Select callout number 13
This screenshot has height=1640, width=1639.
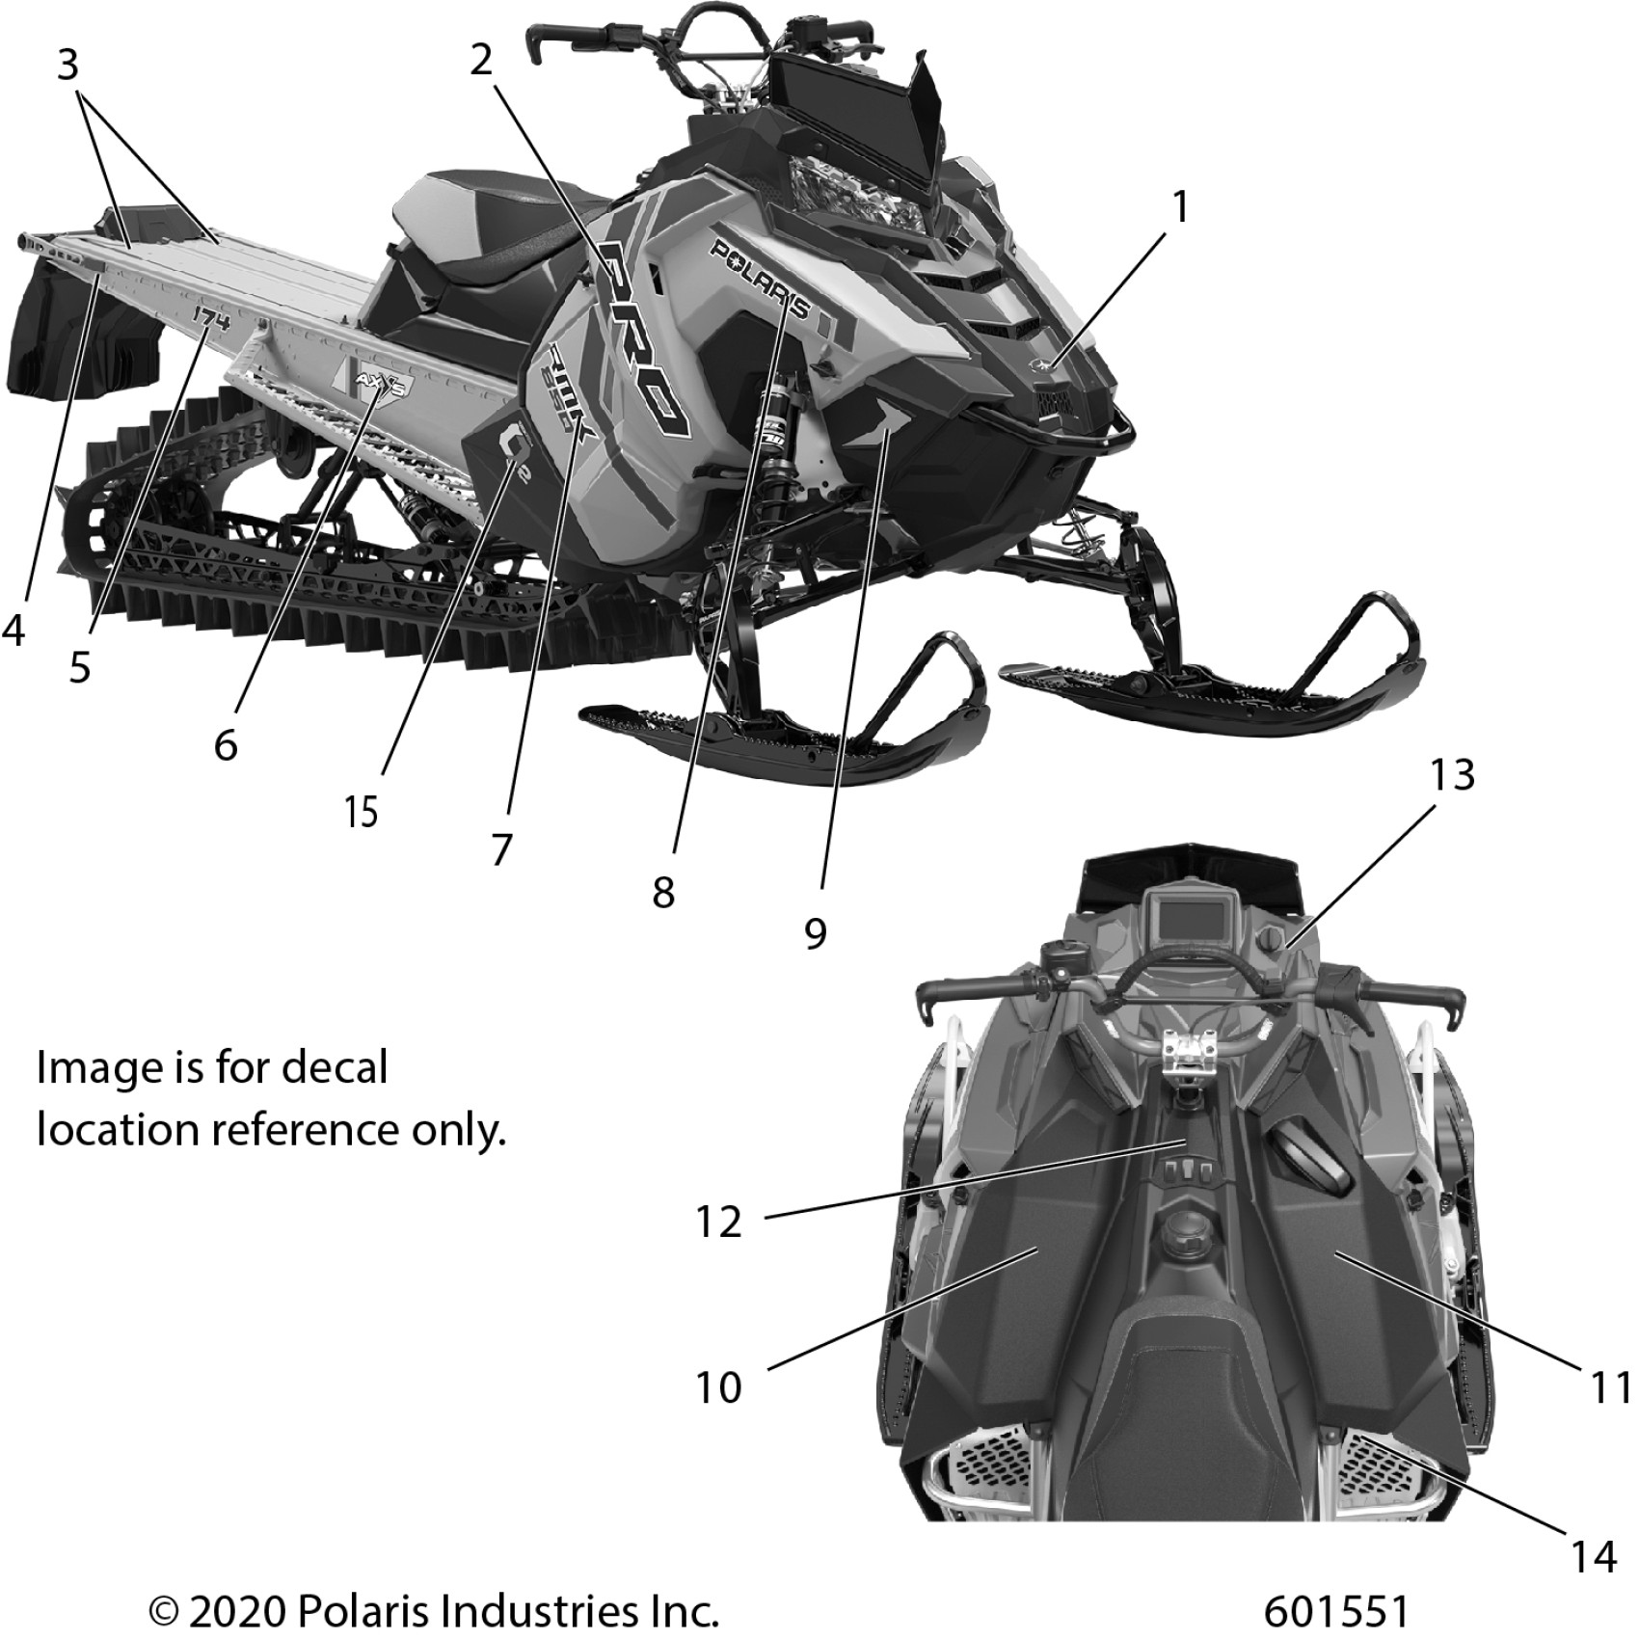1452,774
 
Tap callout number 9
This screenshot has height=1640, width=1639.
816,932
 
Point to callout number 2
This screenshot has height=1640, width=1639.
481,60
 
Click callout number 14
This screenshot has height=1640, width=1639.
1594,1555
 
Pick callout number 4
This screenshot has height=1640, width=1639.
13,605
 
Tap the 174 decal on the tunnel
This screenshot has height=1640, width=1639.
212,317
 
